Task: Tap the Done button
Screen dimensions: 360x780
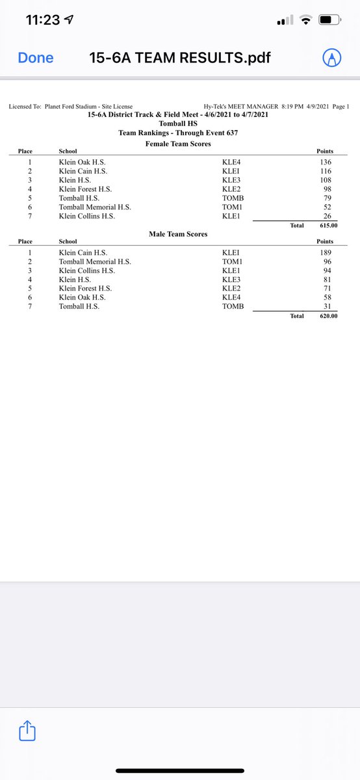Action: pos(36,58)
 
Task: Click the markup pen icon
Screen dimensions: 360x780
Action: pos(333,58)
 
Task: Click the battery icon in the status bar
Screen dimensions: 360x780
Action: pos(331,21)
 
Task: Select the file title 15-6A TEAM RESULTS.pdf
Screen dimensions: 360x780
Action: pos(180,58)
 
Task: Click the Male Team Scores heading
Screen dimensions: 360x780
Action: pos(179,233)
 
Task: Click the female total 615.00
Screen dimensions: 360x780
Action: pos(326,226)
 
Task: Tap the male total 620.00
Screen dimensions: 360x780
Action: pos(326,316)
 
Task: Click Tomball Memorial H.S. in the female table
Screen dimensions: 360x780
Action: pos(95,207)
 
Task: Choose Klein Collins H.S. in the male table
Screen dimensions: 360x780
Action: pos(86,270)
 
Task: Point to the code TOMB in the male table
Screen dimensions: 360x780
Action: pos(233,306)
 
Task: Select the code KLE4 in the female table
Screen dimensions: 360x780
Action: pos(233,162)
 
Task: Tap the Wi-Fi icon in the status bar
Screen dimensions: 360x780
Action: pos(305,21)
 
